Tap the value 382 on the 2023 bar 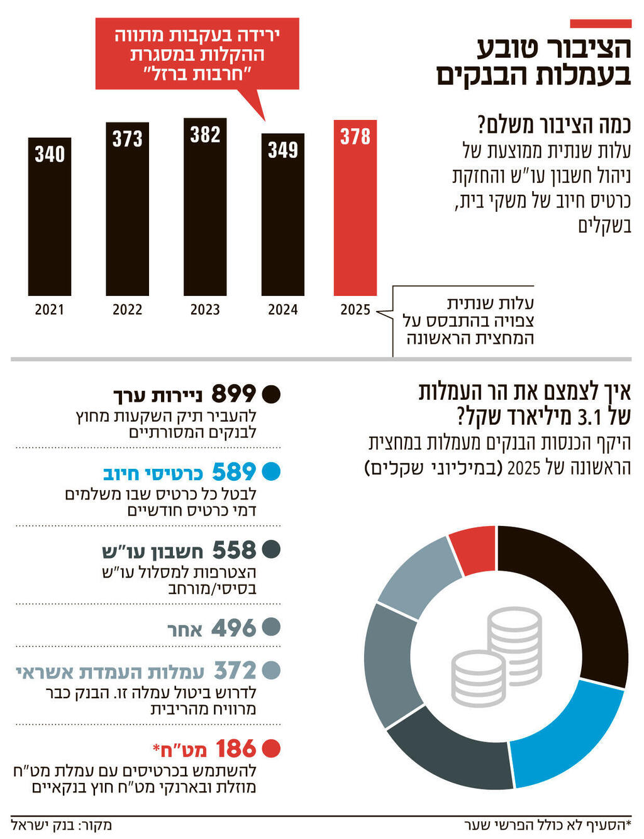[x=205, y=134]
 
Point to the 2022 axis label [x=127, y=309]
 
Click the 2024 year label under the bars [x=283, y=309]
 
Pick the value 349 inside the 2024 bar [x=283, y=150]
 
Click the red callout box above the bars [x=197, y=53]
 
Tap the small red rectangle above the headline [x=600, y=24]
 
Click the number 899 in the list [x=233, y=394]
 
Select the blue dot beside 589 [x=271, y=472]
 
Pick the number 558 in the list [x=234, y=551]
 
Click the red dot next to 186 [x=271, y=749]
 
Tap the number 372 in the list [x=235, y=671]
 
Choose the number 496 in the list [x=233, y=628]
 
